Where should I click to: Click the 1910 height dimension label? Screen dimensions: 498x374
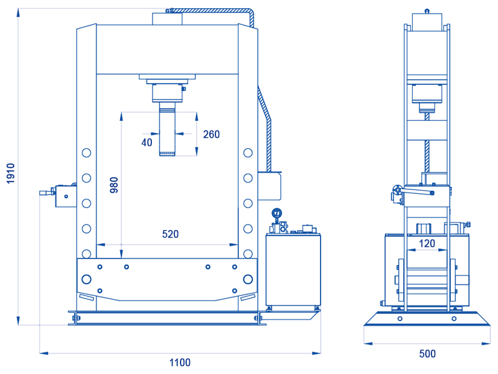[11, 173]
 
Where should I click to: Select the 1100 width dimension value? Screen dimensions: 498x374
[180, 362]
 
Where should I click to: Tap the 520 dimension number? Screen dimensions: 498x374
[170, 234]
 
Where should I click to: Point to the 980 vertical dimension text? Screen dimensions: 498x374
[114, 185]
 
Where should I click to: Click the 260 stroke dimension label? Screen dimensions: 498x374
[211, 134]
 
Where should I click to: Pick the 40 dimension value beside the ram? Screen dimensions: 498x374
[147, 143]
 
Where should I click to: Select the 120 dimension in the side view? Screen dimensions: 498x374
[426, 244]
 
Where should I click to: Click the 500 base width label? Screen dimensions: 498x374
[427, 353]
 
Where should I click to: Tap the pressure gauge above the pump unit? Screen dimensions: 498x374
[276, 213]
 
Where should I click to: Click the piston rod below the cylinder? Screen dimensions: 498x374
[167, 129]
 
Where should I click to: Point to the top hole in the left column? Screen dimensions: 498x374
[87, 153]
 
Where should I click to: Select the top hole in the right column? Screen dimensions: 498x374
[248, 153]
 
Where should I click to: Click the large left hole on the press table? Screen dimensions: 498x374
[87, 279]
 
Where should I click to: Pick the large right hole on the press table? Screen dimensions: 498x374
[248, 279]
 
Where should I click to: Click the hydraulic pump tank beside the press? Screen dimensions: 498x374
[293, 270]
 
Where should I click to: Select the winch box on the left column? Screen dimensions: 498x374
[66, 196]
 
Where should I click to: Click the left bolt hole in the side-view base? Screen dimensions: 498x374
[400, 319]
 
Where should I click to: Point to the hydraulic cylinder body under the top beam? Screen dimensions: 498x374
[167, 93]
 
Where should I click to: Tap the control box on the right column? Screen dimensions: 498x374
[270, 186]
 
